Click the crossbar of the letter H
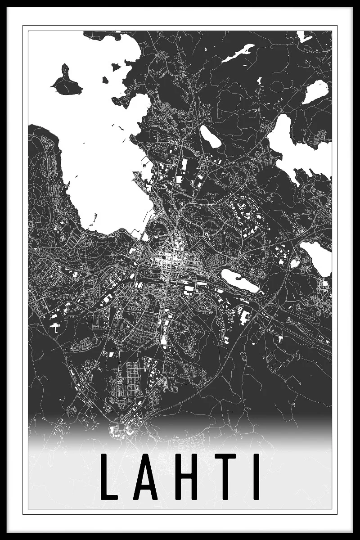point(184,476)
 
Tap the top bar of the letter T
point(223,457)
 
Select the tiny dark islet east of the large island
point(105,80)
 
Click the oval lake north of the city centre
point(211,137)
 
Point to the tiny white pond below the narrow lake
point(247,81)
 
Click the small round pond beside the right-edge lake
point(295,264)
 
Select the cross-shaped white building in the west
point(54,327)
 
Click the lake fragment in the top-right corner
point(304,36)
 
